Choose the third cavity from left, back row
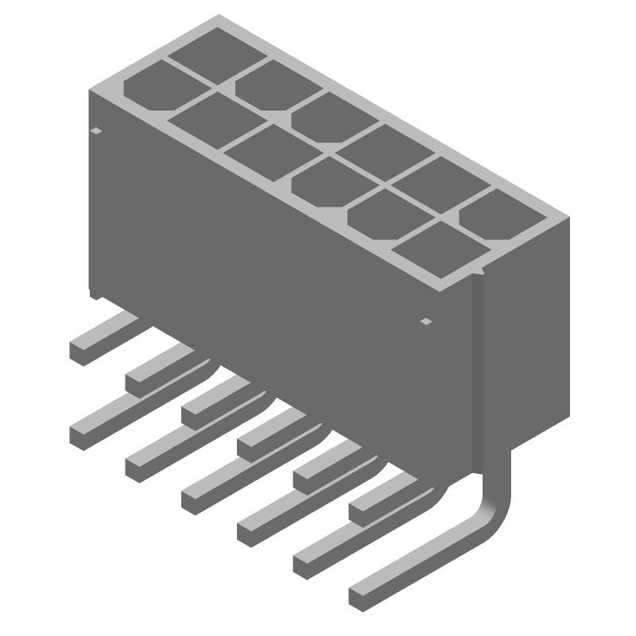click(322, 116)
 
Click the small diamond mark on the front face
click(426, 322)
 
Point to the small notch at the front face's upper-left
click(97, 131)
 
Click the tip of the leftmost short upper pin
click(81, 350)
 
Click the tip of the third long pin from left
click(193, 501)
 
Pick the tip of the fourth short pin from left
click(249, 442)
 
